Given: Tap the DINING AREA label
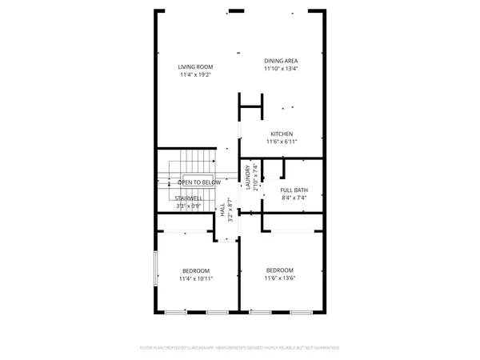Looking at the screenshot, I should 282,61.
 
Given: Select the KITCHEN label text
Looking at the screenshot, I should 282,134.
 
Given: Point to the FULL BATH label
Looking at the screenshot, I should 294,190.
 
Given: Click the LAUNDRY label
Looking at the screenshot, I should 248,174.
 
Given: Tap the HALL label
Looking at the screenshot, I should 222,209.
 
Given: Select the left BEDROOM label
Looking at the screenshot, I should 195,270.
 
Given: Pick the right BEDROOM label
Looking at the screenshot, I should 280,270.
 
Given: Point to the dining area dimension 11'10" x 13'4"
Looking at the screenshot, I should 282,68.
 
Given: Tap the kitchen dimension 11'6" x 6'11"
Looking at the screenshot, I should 282,142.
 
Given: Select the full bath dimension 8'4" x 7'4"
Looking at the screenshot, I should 294,198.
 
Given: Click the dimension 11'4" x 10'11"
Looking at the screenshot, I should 195,278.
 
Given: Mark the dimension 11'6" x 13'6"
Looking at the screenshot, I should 280,278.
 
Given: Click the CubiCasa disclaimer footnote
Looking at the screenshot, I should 240,348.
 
